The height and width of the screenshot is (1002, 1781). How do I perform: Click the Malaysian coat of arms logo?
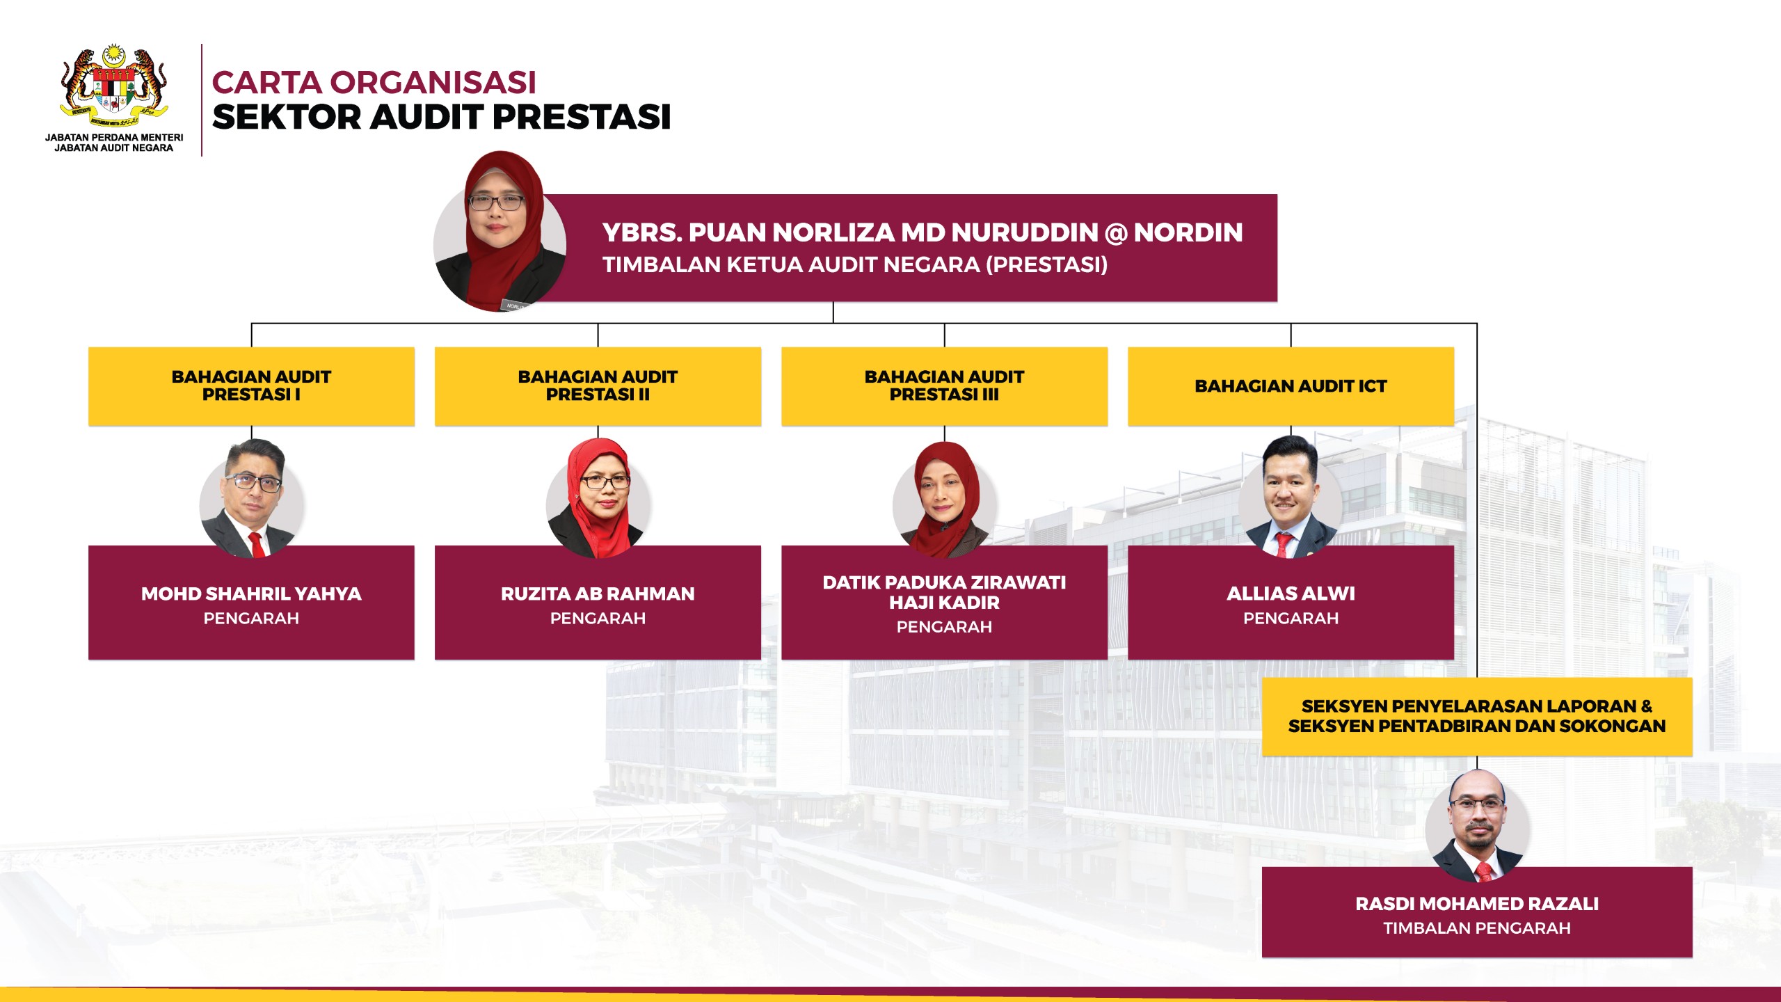click(x=114, y=86)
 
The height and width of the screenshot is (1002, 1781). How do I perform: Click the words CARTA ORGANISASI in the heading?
click(x=374, y=82)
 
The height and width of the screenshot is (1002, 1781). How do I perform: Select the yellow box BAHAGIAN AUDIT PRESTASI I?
click(x=251, y=386)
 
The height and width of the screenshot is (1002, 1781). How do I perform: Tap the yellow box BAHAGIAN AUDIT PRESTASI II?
click(x=598, y=386)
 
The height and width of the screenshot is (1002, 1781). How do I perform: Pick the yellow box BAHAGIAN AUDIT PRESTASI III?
click(x=944, y=386)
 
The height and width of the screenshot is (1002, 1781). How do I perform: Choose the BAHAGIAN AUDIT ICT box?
click(x=1291, y=386)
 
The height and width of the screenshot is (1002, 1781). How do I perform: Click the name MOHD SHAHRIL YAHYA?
click(x=251, y=594)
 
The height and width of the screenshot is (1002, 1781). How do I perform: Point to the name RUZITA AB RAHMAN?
click(x=598, y=594)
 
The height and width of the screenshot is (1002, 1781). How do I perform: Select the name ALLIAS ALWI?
click(x=1291, y=594)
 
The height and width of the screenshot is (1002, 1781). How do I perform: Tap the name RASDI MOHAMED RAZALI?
click(x=1477, y=904)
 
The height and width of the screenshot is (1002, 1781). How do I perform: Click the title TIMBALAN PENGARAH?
click(x=1477, y=928)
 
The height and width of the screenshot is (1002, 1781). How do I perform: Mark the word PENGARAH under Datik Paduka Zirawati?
click(x=944, y=627)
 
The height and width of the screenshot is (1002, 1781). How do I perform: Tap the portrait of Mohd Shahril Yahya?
click(x=252, y=498)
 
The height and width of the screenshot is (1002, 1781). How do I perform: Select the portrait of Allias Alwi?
click(x=1291, y=497)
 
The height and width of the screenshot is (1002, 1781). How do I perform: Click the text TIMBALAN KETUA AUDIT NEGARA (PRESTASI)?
click(x=855, y=265)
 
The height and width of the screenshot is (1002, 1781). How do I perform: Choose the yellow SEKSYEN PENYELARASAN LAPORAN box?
click(x=1477, y=717)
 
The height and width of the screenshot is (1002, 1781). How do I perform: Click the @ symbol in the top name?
click(x=1116, y=233)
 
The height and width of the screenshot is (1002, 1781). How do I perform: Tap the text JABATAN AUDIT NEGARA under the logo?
click(x=114, y=148)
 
